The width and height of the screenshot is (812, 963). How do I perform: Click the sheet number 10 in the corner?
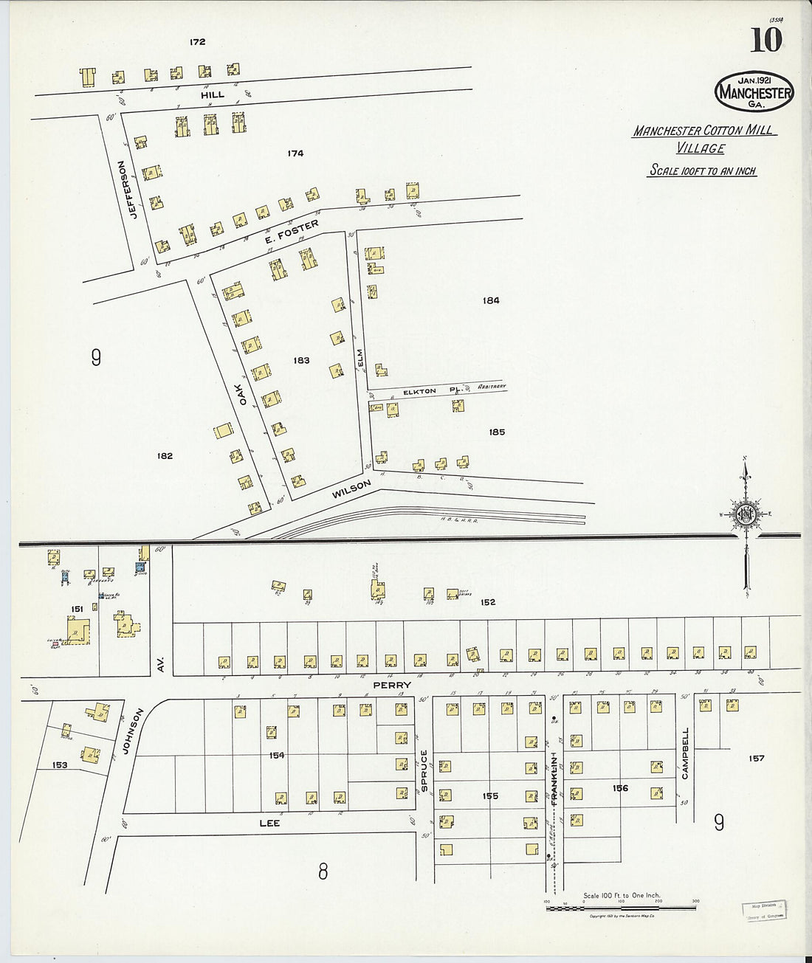coord(765,41)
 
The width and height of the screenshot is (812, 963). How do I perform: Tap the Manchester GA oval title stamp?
coord(754,92)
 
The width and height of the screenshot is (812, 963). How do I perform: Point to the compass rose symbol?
coord(746,515)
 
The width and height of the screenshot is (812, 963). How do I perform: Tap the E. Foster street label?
coord(292,230)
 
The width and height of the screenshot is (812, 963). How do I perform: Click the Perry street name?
coord(391,686)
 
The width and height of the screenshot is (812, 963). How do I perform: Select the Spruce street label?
coord(424,771)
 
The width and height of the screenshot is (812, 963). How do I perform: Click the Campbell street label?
coord(685,753)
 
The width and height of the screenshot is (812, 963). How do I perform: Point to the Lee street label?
coord(269,823)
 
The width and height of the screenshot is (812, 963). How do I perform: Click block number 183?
coord(301,361)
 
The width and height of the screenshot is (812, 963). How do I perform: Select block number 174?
coord(295,153)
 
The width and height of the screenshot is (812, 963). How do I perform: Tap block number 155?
coord(490,796)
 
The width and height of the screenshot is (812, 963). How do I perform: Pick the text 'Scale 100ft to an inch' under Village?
coord(702,170)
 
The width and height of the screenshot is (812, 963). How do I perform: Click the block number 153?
coord(60,765)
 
